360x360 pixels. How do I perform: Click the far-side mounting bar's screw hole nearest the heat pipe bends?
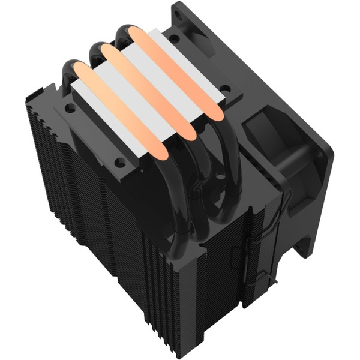pyautogui.click(x=119, y=161)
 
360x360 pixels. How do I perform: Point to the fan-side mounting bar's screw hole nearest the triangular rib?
pyautogui.click(x=173, y=38)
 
